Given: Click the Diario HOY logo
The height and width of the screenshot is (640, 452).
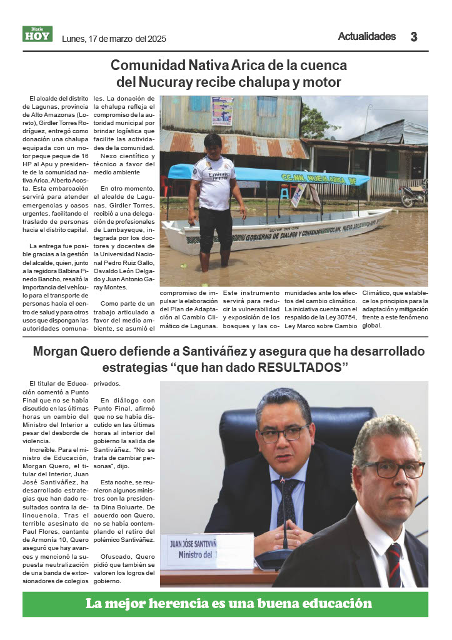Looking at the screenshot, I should pyautogui.click(x=38, y=34).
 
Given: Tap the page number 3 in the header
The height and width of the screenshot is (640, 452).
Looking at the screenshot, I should pyautogui.click(x=414, y=37).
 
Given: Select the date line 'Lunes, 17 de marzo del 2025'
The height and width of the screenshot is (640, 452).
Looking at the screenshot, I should pyautogui.click(x=114, y=39).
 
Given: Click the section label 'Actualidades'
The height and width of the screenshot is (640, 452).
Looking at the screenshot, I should pyautogui.click(x=366, y=36).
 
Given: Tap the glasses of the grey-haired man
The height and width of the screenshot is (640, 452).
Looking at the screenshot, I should pyautogui.click(x=394, y=468).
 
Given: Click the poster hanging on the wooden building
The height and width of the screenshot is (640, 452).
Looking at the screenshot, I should pyautogui.click(x=222, y=111).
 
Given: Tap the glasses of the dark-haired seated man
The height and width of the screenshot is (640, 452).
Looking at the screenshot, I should pyautogui.click(x=285, y=434).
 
